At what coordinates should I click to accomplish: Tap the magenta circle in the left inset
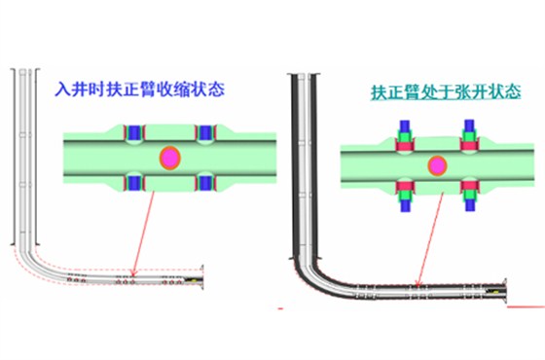point(169,156)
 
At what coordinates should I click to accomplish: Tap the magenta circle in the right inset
point(437,164)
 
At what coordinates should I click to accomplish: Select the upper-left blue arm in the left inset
point(134,132)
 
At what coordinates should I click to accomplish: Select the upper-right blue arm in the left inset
point(205,132)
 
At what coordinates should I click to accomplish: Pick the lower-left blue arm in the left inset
point(134,181)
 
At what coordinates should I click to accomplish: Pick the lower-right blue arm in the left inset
point(205,181)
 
